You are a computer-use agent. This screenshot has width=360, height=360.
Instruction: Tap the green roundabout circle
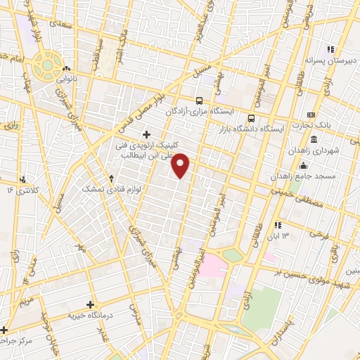(x=47, y=65)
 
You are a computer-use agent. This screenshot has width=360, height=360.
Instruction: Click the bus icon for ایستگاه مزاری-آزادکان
(x=199, y=101)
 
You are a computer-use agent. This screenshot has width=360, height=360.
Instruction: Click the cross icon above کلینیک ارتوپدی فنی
(x=146, y=134)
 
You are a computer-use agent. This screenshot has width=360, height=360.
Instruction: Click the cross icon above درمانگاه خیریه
(x=90, y=304)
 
